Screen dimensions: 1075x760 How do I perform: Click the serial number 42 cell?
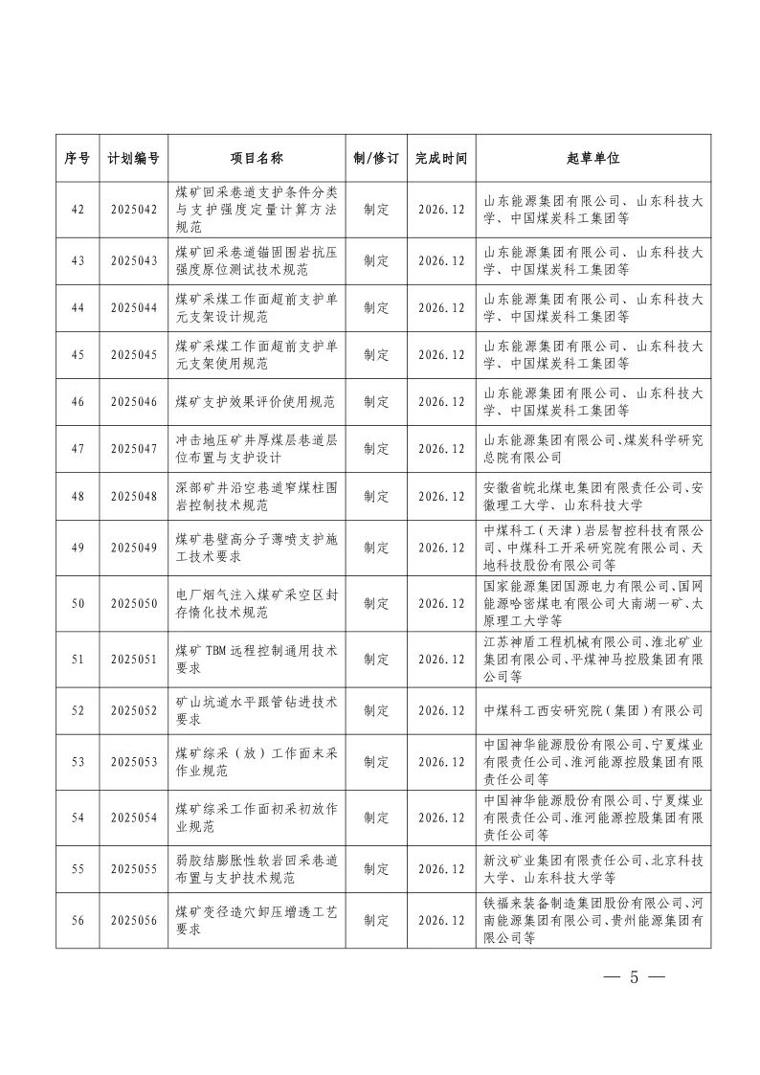pyautogui.click(x=77, y=211)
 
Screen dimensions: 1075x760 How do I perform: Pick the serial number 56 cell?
pyautogui.click(x=77, y=920)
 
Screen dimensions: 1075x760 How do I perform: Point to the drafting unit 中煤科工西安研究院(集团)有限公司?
pyautogui.click(x=593, y=711)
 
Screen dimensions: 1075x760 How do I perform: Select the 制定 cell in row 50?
pyautogui.click(x=376, y=604)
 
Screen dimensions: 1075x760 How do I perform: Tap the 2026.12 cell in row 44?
pyautogui.click(x=441, y=308)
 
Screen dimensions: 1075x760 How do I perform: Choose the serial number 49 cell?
pyautogui.click(x=77, y=548)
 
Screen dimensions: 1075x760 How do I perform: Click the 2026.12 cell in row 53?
pyautogui.click(x=441, y=762)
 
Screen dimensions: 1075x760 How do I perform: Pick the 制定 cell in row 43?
pyautogui.click(x=376, y=260)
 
